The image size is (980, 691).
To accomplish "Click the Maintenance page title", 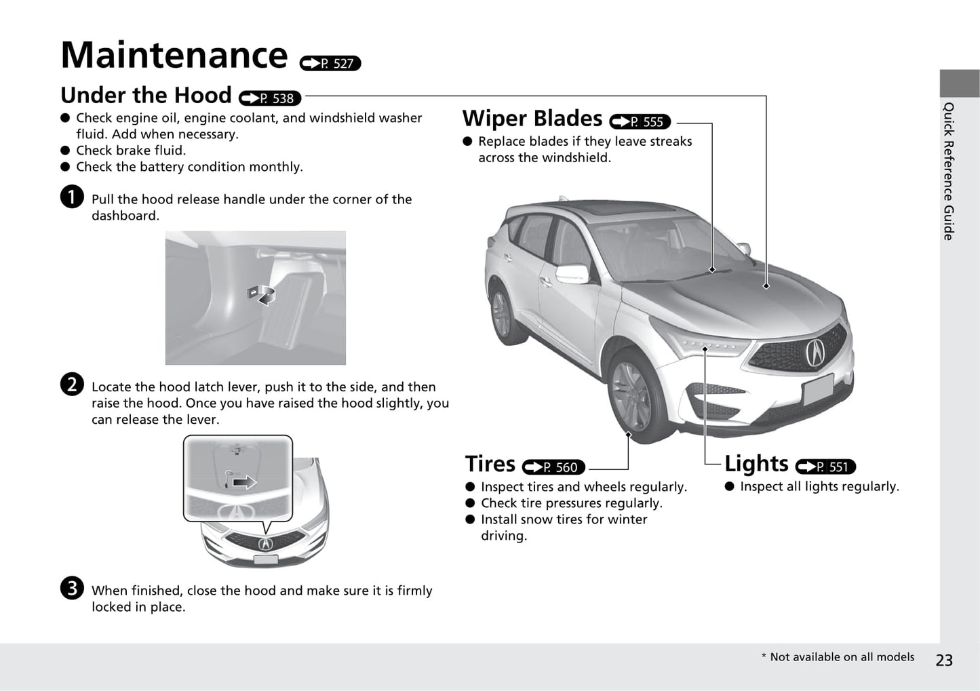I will tap(174, 56).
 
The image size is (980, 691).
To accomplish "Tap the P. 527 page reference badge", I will tap(330, 64).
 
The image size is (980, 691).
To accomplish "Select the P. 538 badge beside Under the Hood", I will tap(270, 98).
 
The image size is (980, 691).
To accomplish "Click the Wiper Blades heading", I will tap(532, 119).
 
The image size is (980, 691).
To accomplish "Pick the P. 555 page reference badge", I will tap(640, 122).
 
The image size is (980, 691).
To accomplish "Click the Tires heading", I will tap(490, 464).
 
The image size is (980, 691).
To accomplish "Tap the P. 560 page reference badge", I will tap(553, 467).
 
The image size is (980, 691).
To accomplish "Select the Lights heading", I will tap(756, 464).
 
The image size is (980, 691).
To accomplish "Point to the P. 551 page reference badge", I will tap(825, 467).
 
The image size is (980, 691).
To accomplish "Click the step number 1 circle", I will tap(71, 197).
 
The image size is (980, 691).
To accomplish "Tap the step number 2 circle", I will tap(71, 384).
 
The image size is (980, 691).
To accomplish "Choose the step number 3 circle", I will tap(71, 588).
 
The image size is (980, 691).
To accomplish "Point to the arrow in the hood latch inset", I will tap(243, 482).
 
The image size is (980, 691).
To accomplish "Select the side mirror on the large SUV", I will tap(572, 274).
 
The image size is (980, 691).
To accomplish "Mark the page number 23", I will tap(943, 660).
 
